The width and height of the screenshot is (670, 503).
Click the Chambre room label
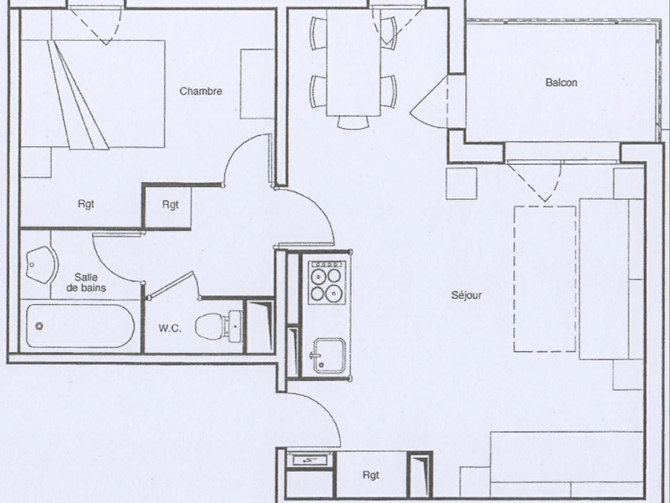(x=200, y=91)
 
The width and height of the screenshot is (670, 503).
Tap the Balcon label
(x=561, y=83)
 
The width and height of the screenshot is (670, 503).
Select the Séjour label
(x=467, y=295)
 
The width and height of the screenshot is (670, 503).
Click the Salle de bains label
(x=86, y=282)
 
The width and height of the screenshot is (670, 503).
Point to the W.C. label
(x=170, y=329)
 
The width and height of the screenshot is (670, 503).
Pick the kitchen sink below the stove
(x=328, y=356)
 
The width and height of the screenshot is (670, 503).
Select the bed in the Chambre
(x=92, y=94)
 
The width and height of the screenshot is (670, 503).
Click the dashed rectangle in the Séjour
(x=544, y=278)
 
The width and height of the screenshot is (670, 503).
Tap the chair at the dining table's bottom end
(x=353, y=121)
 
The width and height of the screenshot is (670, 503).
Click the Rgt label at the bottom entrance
(x=371, y=475)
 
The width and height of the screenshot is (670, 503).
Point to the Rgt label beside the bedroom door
(x=170, y=205)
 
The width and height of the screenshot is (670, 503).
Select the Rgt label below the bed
(x=85, y=205)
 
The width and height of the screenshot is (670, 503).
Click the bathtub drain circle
(x=39, y=326)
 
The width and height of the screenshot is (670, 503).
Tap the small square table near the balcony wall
(x=461, y=183)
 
